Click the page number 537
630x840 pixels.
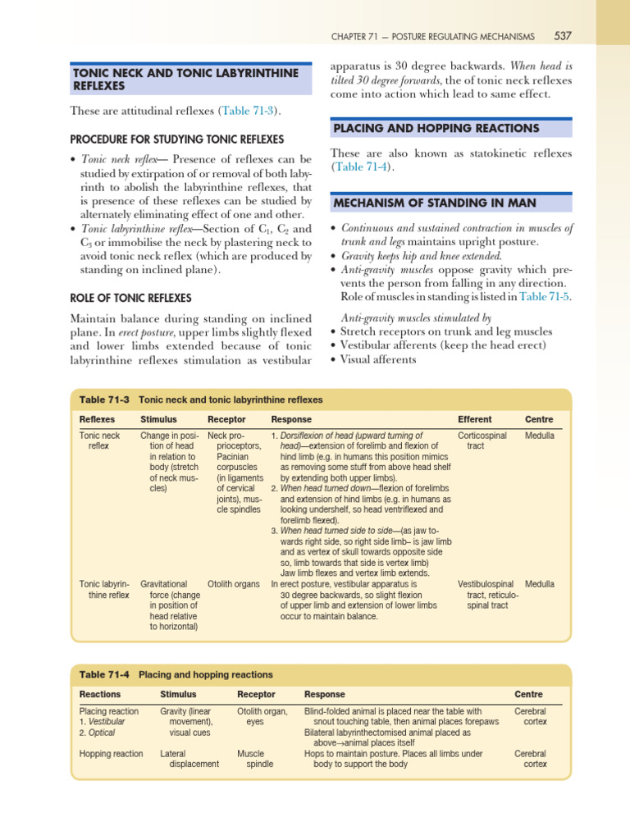(x=563, y=36)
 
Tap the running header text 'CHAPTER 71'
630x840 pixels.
(x=358, y=36)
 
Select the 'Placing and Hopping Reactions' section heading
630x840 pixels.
(x=436, y=129)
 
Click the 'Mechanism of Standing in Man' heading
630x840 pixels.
(x=434, y=203)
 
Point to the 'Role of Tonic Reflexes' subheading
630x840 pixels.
(x=131, y=298)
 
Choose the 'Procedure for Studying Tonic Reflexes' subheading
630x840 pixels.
(x=177, y=139)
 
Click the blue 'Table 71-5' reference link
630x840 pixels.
(x=545, y=296)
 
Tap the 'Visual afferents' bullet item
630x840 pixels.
(x=379, y=358)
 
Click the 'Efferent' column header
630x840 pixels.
(x=474, y=419)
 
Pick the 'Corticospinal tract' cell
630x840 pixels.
(x=482, y=441)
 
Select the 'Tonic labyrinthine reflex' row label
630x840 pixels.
(x=104, y=589)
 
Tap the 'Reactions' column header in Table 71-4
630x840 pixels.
(x=99, y=694)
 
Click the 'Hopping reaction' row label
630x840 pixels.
(x=111, y=753)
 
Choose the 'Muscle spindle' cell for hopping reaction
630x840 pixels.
(x=251, y=758)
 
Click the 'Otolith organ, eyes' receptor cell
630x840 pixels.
(x=262, y=716)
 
